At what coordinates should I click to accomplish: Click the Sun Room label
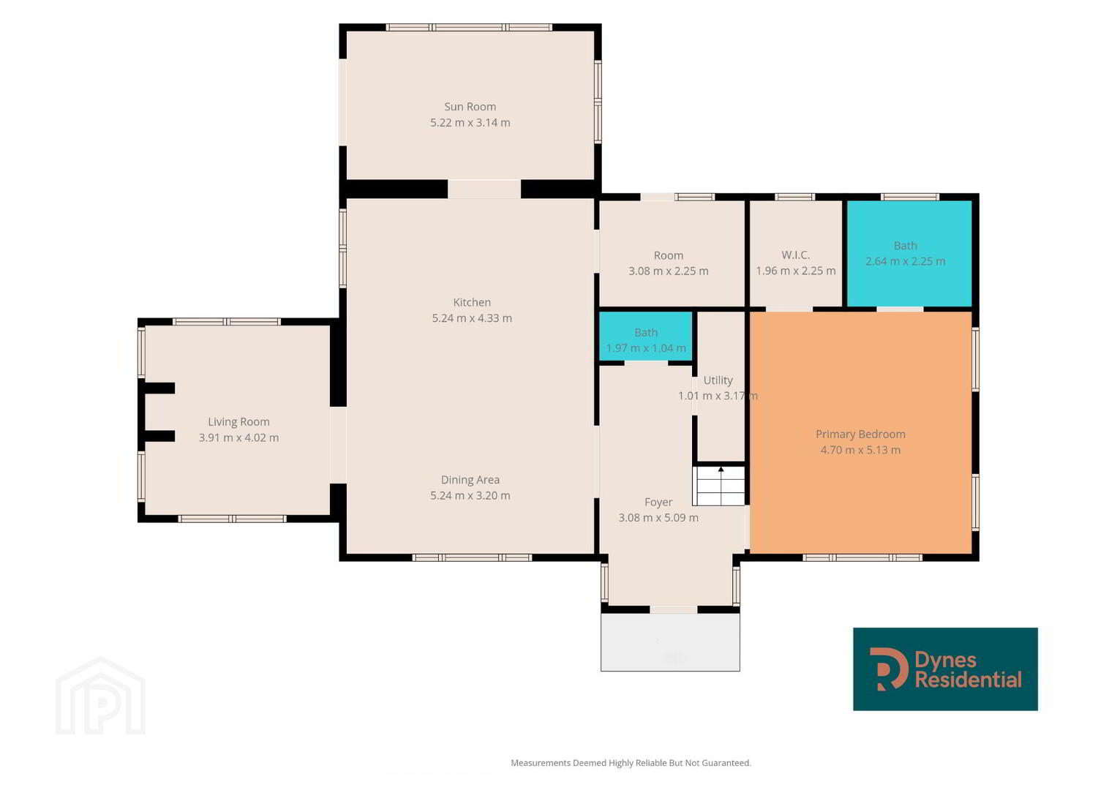point(470,107)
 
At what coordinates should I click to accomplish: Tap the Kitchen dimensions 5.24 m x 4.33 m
point(472,318)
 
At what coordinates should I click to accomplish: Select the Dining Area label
point(470,480)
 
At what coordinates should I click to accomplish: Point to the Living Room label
point(239,422)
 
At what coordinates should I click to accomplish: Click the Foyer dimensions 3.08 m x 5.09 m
point(658,518)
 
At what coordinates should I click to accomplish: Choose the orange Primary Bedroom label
point(861,434)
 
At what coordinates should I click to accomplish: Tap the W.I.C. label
point(796,255)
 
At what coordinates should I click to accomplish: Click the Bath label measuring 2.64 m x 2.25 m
point(905,246)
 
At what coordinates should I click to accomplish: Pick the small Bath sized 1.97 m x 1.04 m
point(646,333)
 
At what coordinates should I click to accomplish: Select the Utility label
point(718,380)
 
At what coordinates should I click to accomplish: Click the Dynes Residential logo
point(945,669)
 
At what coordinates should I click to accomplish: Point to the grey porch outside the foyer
point(670,642)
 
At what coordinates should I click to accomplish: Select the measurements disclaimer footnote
point(631,762)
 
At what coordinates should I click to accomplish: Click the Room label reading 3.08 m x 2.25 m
point(668,255)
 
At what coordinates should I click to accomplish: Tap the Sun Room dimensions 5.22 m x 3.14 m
point(470,123)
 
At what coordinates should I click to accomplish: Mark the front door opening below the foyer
point(674,609)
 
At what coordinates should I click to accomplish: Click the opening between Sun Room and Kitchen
point(484,189)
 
